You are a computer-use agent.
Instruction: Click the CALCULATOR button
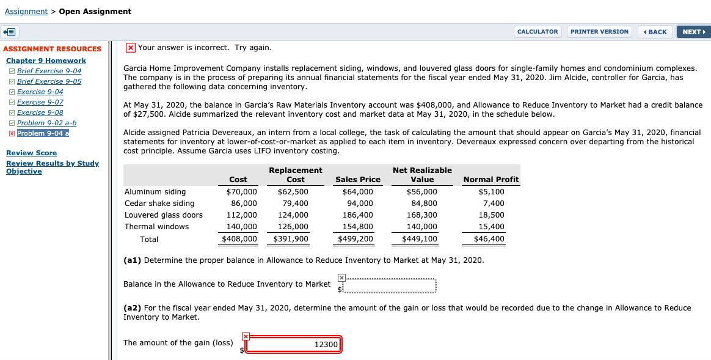(538, 32)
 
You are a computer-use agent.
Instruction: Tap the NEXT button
(693, 32)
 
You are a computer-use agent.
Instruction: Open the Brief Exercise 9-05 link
(49, 81)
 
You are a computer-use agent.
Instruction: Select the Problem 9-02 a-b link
(46, 123)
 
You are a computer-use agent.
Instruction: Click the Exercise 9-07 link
(40, 102)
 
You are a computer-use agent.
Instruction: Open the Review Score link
(31, 153)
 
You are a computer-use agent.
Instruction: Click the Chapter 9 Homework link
(46, 61)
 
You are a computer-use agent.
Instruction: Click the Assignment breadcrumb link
(26, 12)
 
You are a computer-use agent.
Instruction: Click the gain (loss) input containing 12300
(294, 345)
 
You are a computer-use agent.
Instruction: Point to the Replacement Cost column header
(295, 175)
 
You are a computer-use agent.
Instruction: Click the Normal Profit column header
(490, 180)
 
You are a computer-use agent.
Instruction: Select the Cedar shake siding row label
(159, 204)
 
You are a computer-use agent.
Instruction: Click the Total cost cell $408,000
(239, 239)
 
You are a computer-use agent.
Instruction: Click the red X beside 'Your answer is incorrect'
(130, 48)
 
